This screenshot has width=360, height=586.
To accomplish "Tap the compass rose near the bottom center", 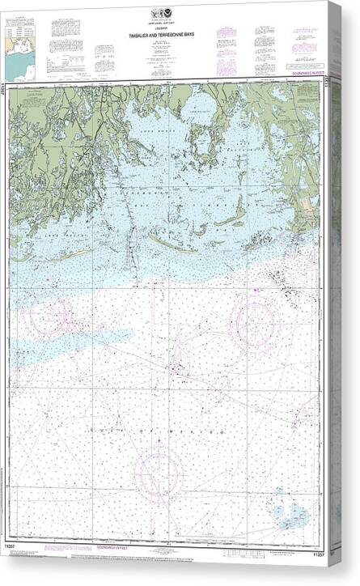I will click(159, 472).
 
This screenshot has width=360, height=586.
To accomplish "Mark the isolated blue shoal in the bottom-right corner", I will click(290, 512).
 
